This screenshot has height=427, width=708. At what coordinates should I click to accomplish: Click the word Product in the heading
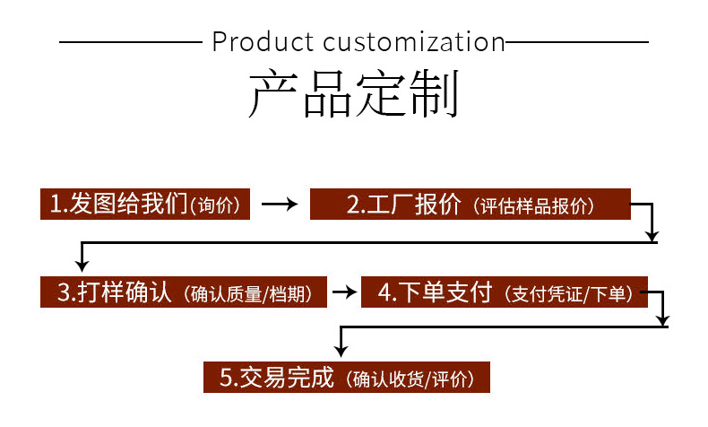pyautogui.click(x=263, y=42)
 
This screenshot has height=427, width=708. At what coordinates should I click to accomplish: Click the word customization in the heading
pyautogui.click(x=413, y=42)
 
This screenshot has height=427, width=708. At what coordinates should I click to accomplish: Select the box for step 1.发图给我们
pyautogui.click(x=146, y=204)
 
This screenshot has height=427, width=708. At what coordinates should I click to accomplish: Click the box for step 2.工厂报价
pyautogui.click(x=471, y=204)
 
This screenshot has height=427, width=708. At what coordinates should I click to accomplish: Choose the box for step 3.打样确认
pyautogui.click(x=184, y=292)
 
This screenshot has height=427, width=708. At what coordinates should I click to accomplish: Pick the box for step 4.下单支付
pyautogui.click(x=504, y=292)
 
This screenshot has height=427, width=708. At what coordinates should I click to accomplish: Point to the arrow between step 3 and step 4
pyautogui.click(x=344, y=292)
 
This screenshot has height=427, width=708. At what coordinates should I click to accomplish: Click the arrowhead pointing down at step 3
pyautogui.click(x=82, y=264)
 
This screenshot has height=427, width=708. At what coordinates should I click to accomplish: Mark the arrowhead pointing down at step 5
pyautogui.click(x=339, y=350)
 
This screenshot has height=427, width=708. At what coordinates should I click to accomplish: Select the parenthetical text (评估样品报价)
pyautogui.click(x=536, y=205)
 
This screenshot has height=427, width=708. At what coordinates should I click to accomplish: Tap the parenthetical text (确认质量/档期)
pyautogui.click(x=253, y=294)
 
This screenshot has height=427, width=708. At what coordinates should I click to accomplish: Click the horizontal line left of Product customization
pyautogui.click(x=130, y=42)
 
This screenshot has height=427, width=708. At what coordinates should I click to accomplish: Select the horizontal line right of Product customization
pyautogui.click(x=577, y=42)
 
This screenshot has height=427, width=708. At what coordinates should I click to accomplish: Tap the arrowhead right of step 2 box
pyautogui.click(x=653, y=231)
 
